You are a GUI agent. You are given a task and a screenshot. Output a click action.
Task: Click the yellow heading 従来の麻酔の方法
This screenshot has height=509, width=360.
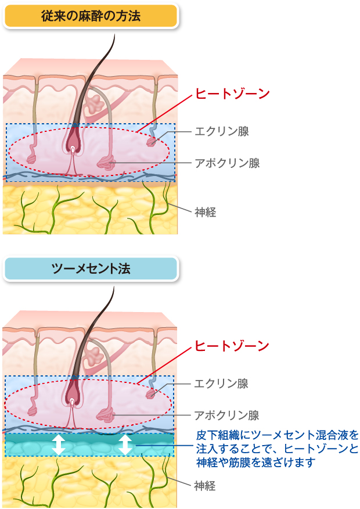tap(91, 16)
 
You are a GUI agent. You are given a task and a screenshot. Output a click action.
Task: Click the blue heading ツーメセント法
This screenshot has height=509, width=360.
tap(91, 268)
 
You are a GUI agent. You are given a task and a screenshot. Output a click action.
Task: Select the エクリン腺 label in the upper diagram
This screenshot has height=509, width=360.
tap(222, 131)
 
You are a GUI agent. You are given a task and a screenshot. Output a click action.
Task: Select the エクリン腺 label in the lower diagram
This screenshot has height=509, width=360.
tap(222, 383)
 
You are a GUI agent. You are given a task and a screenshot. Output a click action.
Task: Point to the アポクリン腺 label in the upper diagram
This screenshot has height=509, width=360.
tap(227, 163)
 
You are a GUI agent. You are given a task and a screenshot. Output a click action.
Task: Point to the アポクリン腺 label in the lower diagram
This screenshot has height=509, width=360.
tap(227, 415)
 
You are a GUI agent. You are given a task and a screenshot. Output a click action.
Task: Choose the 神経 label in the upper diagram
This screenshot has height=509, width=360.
tap(206, 212)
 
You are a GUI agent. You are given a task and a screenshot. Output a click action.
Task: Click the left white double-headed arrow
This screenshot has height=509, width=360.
tap(58, 445)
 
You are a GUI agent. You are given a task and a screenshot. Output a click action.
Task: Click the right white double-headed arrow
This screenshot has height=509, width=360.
tap(125, 445)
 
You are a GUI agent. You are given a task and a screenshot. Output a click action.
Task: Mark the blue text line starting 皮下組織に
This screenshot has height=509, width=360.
tap(277, 435)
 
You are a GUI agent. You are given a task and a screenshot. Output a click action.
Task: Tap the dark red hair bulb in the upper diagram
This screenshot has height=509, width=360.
tap(73, 137)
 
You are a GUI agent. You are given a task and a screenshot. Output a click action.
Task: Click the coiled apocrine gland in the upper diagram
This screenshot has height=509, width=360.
tap(106, 163)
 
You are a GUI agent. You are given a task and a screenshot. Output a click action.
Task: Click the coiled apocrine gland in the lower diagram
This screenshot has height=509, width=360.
tap(106, 415)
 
